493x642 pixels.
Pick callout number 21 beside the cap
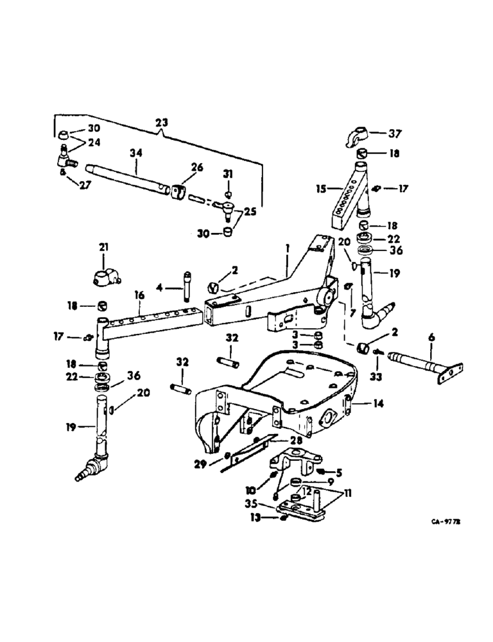[104, 247]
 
